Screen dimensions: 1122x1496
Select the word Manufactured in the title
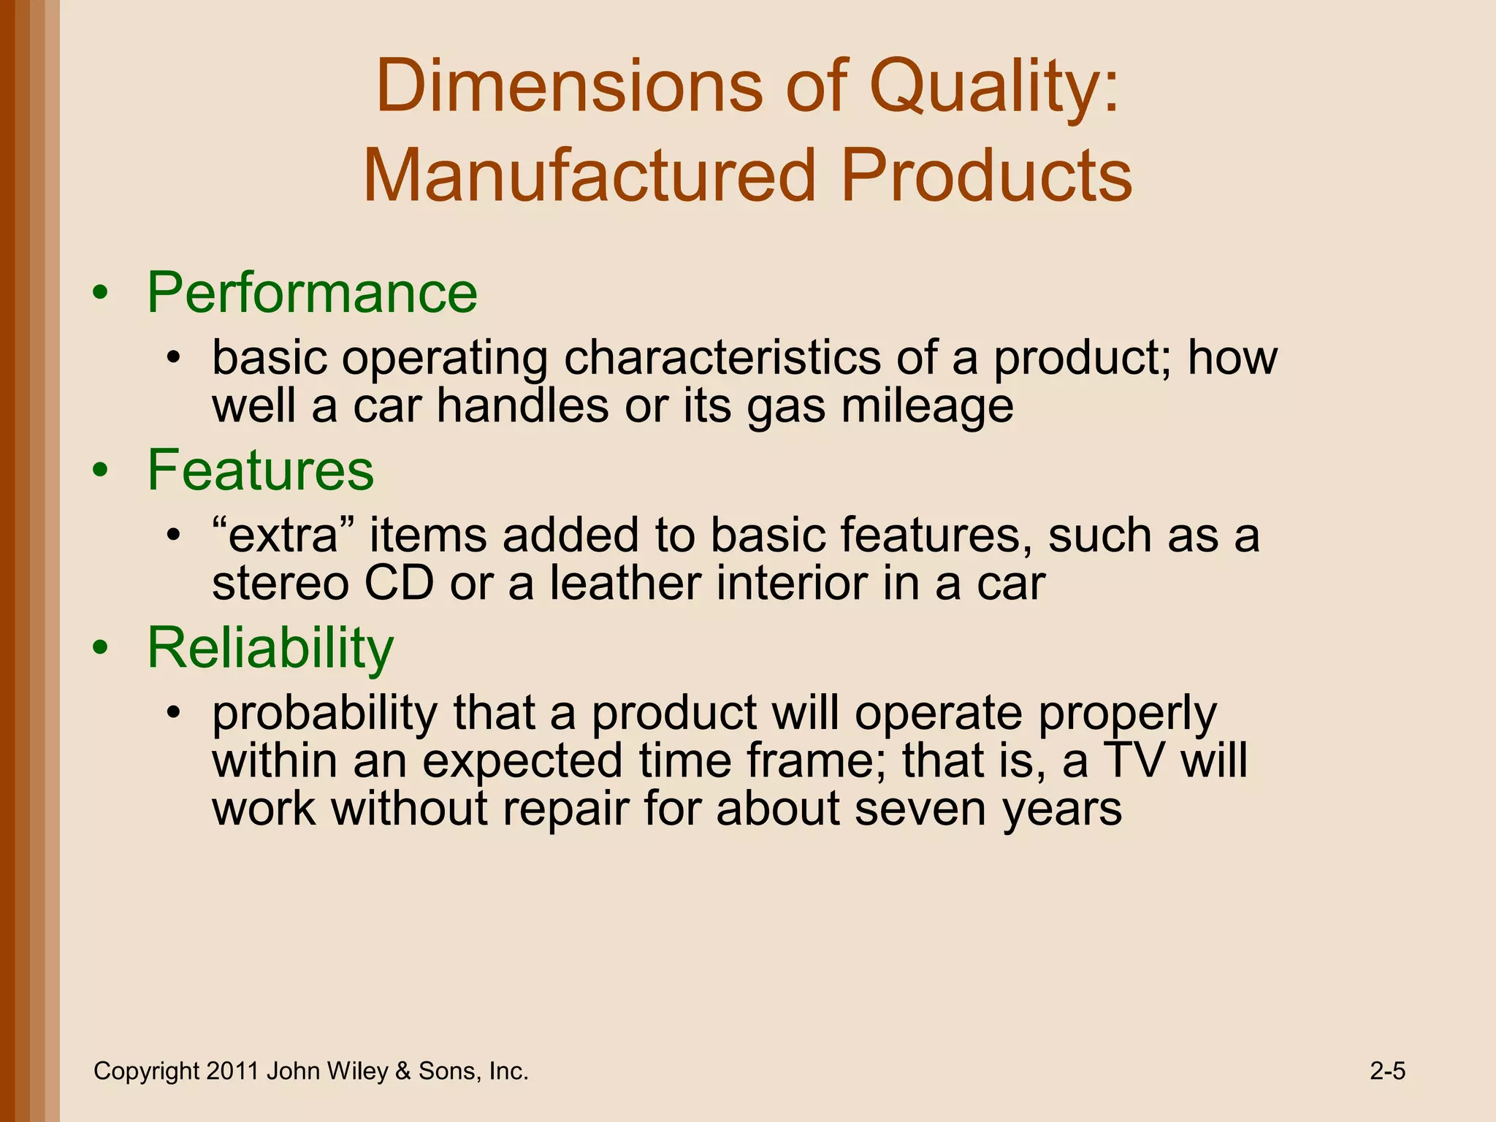point(589,176)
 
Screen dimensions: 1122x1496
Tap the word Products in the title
point(985,176)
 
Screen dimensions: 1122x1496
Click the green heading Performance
point(312,293)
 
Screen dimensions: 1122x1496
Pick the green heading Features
point(260,470)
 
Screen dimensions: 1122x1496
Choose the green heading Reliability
point(270,648)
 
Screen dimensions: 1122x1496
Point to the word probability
point(324,714)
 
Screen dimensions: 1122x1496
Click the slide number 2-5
point(1387,1072)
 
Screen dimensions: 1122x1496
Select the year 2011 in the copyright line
point(232,1072)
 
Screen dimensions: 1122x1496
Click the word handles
point(522,406)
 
